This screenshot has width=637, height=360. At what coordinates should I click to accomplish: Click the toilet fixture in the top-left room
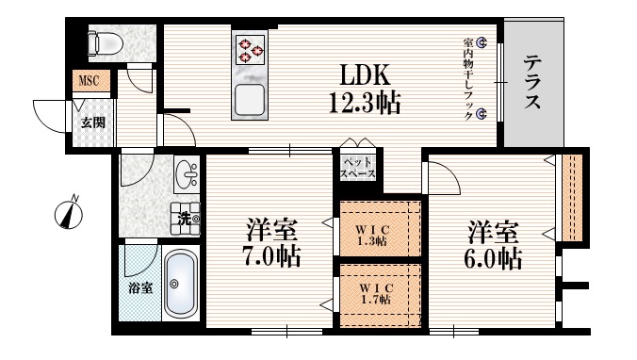coord(100,43)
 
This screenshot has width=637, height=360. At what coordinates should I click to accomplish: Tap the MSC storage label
coord(90,82)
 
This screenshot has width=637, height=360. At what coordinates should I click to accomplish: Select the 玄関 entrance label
coord(91,123)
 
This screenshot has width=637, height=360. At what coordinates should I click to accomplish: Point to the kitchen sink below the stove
coord(251,98)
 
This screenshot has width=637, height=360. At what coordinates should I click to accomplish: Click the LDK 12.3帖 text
coord(363,88)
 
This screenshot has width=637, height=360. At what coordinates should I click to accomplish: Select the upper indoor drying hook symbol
coord(482,42)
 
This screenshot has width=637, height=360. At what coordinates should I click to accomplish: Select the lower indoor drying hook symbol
coord(482,114)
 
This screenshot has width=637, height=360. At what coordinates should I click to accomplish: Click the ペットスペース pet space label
coord(357,169)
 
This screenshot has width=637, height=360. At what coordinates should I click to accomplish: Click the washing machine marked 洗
coord(186,218)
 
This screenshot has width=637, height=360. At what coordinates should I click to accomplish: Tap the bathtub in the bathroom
coord(179,283)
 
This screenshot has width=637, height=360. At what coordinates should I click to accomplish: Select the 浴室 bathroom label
coord(139,288)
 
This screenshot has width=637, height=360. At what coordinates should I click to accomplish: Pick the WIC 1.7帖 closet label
coord(374,293)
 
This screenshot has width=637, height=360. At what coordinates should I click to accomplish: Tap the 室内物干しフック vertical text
coord(467,78)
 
